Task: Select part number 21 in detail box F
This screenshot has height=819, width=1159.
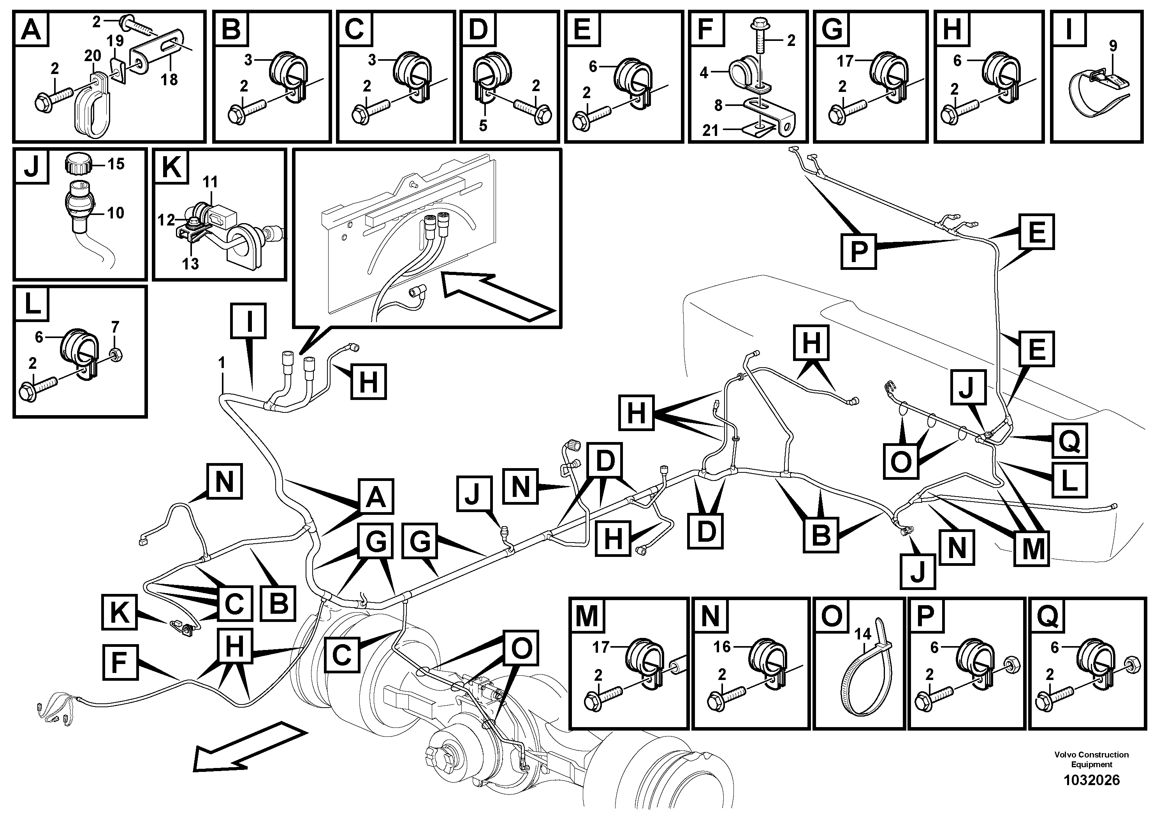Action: tap(710, 131)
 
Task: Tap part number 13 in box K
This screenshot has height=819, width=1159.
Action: tap(190, 264)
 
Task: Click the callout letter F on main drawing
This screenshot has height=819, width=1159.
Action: tap(119, 662)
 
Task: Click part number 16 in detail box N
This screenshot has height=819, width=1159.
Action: tap(722, 647)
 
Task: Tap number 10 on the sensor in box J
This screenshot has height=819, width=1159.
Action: tap(115, 213)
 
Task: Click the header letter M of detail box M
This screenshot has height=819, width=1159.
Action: tap(587, 616)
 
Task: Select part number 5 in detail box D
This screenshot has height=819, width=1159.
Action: tap(483, 126)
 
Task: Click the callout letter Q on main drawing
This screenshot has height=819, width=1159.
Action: tap(1069, 441)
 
